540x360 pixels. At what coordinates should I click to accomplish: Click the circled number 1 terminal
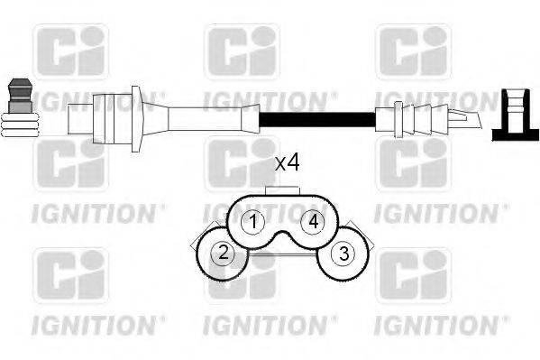254,221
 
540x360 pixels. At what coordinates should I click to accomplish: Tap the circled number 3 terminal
343,254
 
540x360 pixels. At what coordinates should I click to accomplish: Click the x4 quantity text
287,163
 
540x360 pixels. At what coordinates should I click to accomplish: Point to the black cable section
316,118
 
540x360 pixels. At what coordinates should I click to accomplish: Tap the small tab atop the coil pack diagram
284,189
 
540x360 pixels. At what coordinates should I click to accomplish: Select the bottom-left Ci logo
71,276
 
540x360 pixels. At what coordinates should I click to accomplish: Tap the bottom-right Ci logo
412,276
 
